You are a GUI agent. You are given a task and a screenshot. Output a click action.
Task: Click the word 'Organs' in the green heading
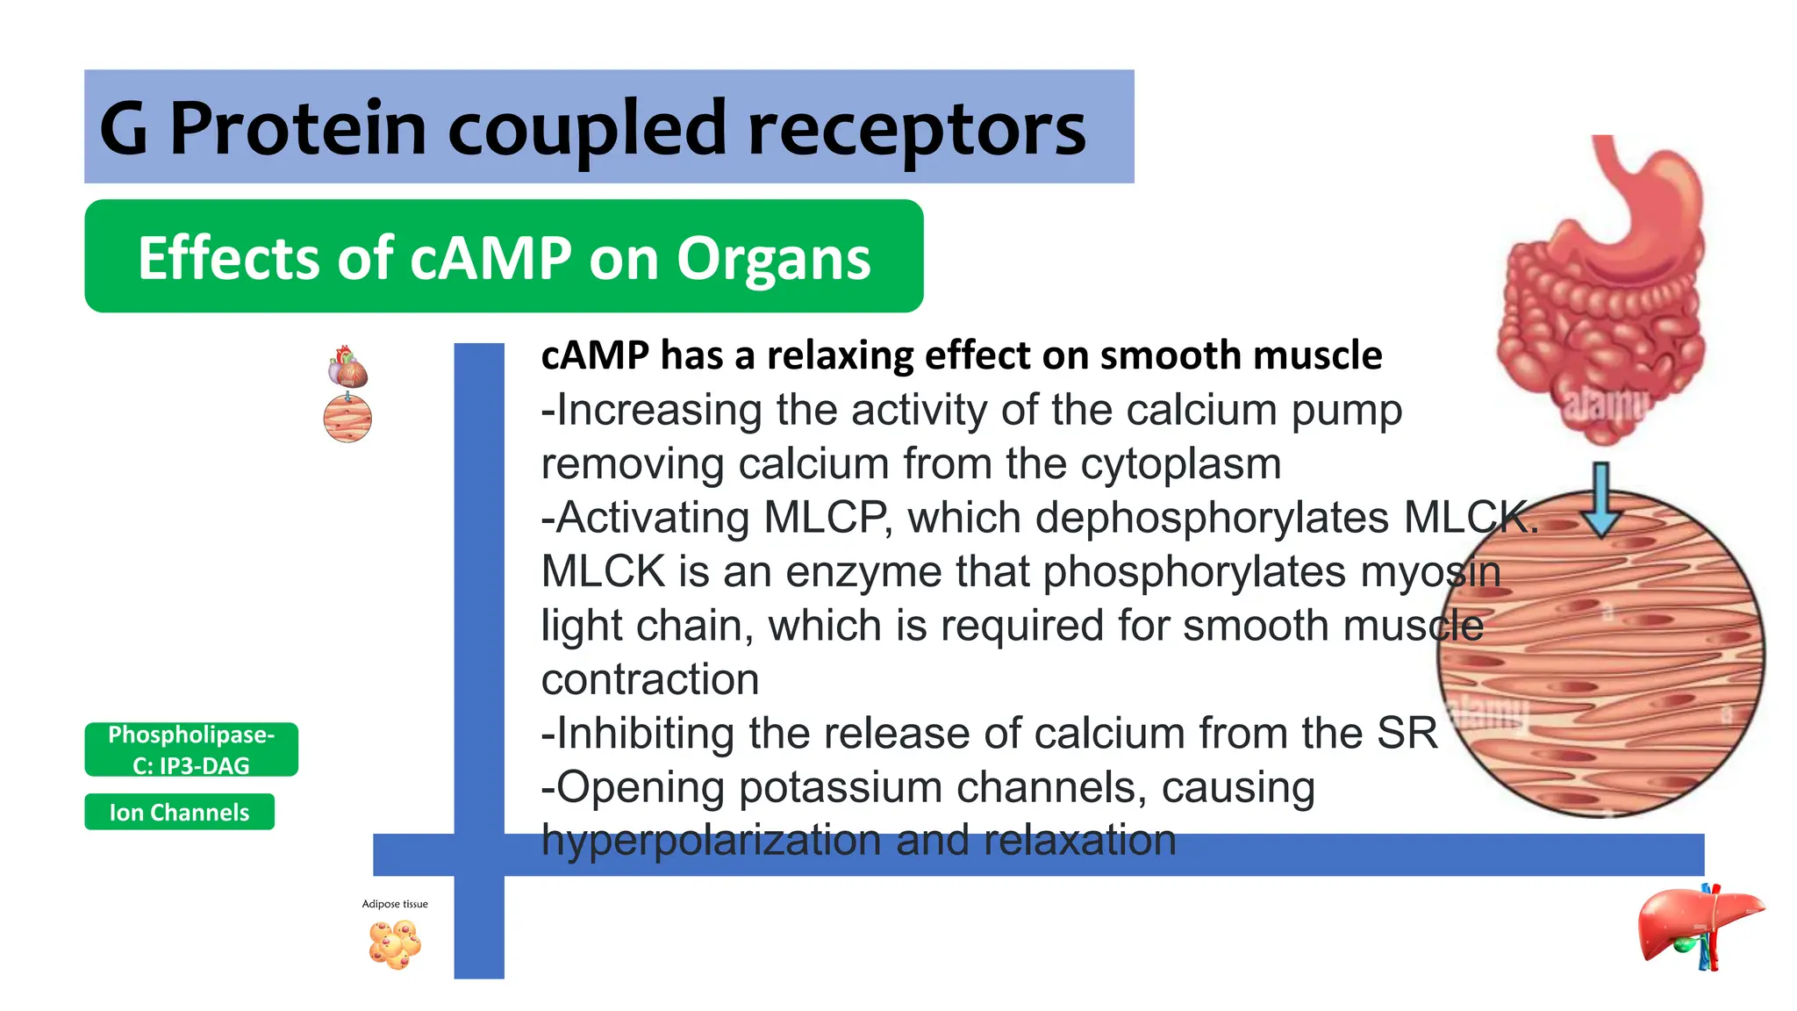click(773, 258)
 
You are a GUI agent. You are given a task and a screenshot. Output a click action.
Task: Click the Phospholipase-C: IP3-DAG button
click(191, 749)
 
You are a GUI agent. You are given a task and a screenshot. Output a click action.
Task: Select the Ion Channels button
click(179, 812)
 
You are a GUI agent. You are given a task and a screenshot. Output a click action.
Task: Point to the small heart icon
click(347, 367)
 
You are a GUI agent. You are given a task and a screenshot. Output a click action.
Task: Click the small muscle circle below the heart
click(347, 419)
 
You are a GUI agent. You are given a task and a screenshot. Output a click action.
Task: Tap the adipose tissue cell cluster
click(395, 943)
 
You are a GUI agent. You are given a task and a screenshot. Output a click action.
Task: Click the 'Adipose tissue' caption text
click(395, 904)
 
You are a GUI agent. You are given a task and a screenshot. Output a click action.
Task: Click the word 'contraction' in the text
click(650, 679)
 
